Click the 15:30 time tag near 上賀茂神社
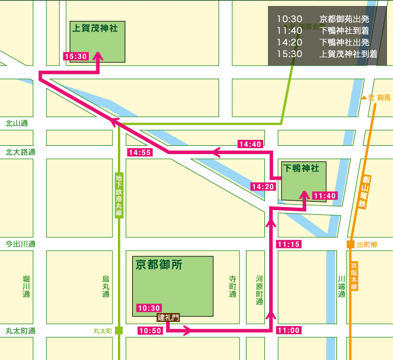76,57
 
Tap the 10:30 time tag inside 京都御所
149,308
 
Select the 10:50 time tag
150,330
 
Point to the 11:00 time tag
289,330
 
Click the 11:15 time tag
289,244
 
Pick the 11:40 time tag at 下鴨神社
325,196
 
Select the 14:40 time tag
250,144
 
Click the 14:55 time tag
139,153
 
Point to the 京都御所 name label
159,265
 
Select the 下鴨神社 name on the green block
301,168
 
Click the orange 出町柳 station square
351,244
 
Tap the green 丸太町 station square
119,330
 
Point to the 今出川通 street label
21,244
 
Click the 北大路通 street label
21,152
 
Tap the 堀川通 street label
26,286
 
